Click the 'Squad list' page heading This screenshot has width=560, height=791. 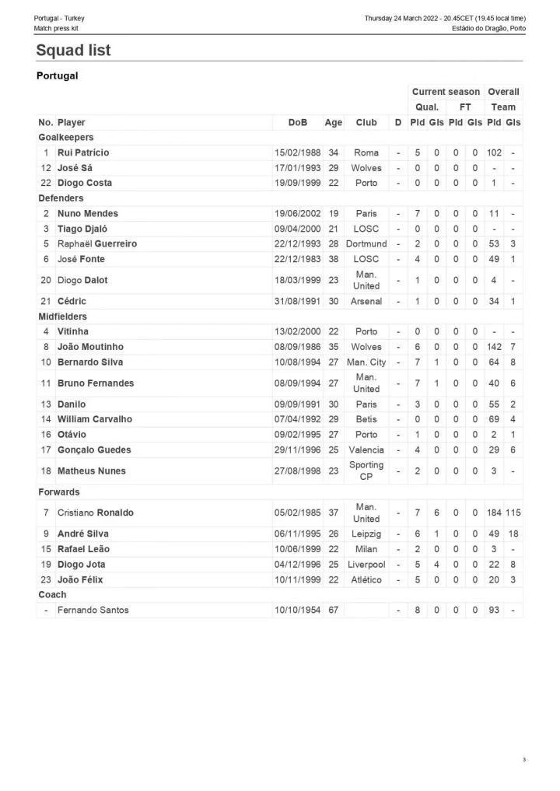pyautogui.click(x=74, y=51)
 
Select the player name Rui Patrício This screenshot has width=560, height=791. pyautogui.click(x=83, y=152)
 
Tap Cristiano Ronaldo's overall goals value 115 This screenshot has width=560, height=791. pyautogui.click(x=513, y=513)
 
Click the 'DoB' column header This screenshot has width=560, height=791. pyautogui.click(x=297, y=122)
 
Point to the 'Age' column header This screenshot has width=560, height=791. pyautogui.click(x=333, y=122)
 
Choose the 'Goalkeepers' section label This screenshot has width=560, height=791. pyautogui.click(x=66, y=138)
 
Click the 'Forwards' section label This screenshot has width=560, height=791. pyautogui.click(x=59, y=492)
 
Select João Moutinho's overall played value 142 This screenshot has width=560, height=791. pyautogui.click(x=494, y=347)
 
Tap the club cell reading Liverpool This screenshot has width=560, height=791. pyautogui.click(x=366, y=565)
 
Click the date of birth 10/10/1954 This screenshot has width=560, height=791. pyautogui.click(x=297, y=611)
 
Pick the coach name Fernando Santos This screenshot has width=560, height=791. pyautogui.click(x=93, y=611)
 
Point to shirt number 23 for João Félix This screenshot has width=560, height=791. pyautogui.click(x=46, y=579)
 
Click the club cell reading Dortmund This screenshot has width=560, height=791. pyautogui.click(x=366, y=244)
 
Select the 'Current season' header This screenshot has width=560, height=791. pyautogui.click(x=446, y=92)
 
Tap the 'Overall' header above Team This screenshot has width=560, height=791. pyautogui.click(x=503, y=92)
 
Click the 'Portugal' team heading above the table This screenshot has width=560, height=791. pyautogui.click(x=58, y=76)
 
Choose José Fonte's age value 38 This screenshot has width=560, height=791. pyautogui.click(x=333, y=259)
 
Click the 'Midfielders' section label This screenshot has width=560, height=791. pyautogui.click(x=63, y=317)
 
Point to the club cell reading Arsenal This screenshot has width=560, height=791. pyautogui.click(x=366, y=301)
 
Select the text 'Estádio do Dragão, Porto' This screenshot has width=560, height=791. pyautogui.click(x=488, y=29)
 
